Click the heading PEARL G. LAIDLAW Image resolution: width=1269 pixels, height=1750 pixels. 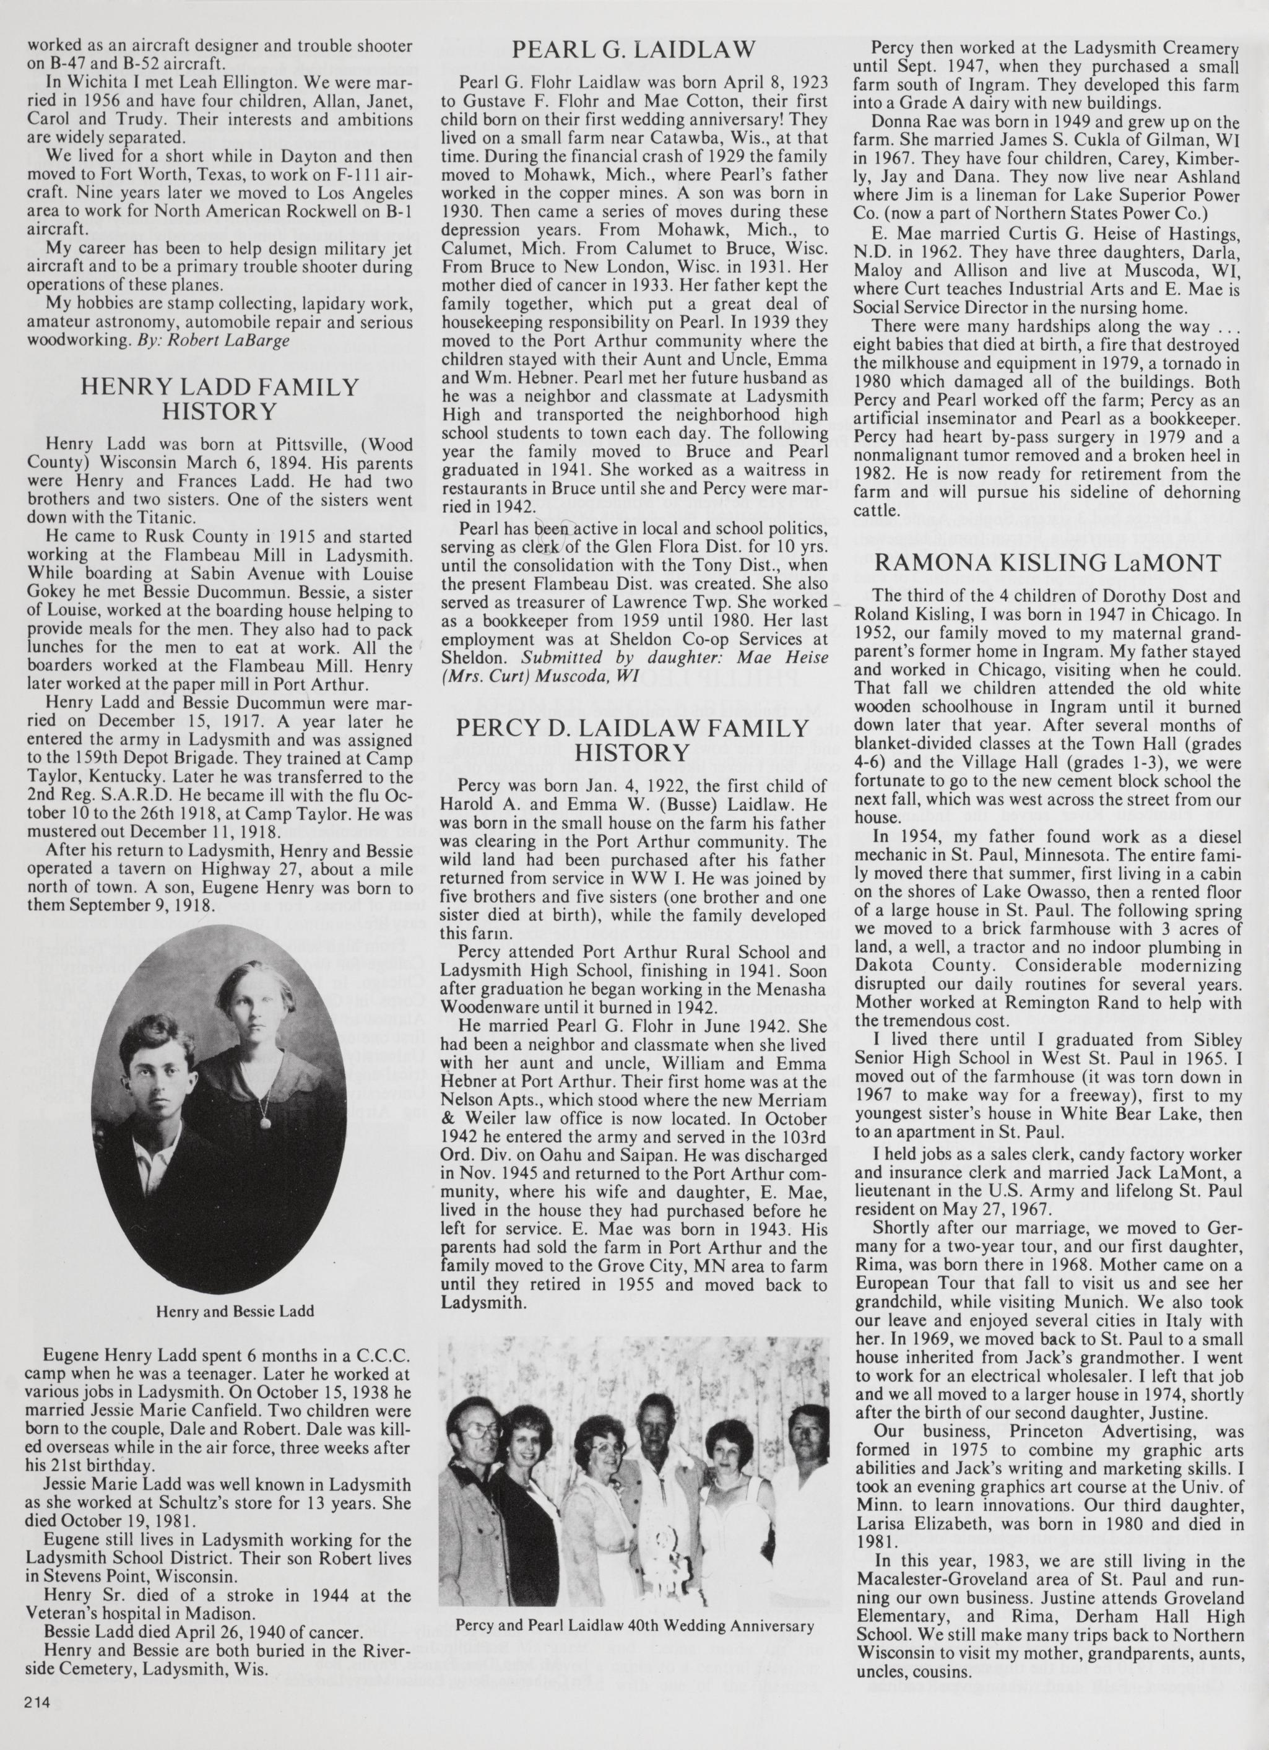click(633, 51)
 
